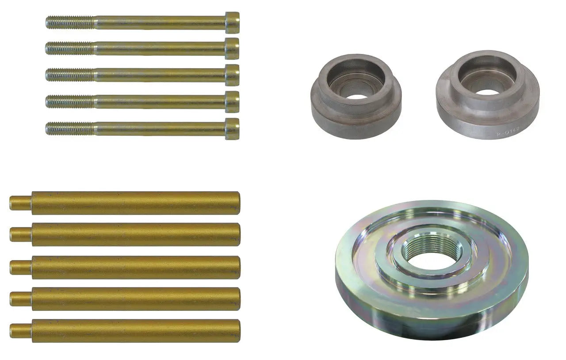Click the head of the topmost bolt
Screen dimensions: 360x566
point(232,23)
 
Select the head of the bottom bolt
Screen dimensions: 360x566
point(232,129)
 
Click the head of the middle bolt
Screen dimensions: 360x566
point(232,75)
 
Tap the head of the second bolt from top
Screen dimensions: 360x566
point(232,49)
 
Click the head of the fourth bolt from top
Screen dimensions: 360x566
point(232,102)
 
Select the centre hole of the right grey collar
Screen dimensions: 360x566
point(487,92)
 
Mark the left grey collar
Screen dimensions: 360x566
point(356,115)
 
